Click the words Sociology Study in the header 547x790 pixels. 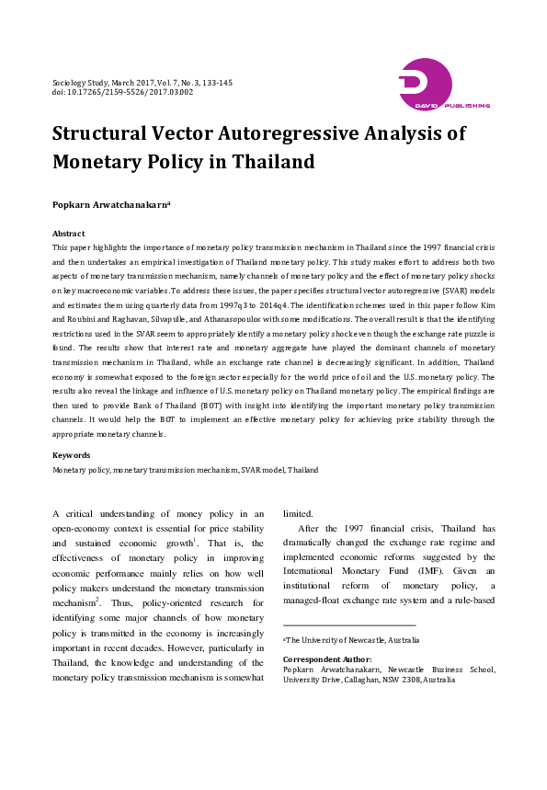click(80, 83)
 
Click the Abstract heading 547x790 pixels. click(69, 235)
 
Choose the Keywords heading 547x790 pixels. click(71, 455)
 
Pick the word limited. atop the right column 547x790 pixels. click(298, 514)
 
